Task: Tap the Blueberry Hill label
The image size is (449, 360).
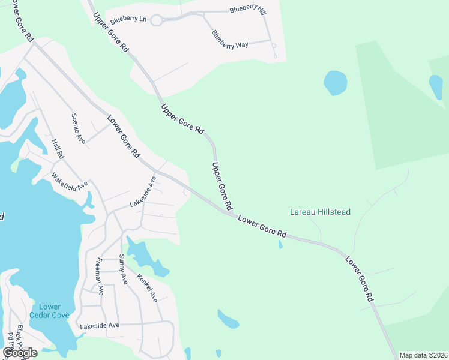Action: [247, 11]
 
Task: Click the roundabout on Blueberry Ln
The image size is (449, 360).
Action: [157, 20]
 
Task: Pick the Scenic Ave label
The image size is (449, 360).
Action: [79, 128]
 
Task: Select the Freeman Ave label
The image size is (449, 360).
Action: [100, 276]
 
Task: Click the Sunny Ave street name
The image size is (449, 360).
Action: [123, 269]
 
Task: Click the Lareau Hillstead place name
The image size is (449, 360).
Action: [320, 212]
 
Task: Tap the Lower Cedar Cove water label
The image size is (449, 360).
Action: [50, 311]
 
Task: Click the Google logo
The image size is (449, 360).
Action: [20, 353]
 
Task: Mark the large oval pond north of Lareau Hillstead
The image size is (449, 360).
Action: [335, 83]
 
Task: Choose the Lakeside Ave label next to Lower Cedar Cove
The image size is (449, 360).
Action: [100, 325]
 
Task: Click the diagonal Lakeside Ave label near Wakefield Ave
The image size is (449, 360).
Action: [143, 192]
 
